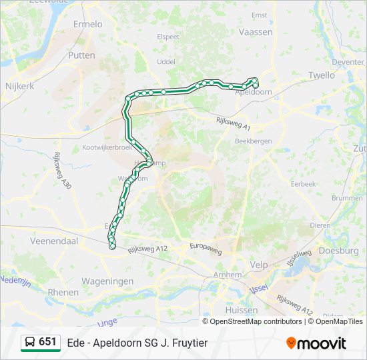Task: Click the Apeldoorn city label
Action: click(x=253, y=92)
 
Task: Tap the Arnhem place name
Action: click(x=229, y=275)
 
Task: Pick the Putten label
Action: click(x=81, y=55)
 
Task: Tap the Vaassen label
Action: click(x=256, y=31)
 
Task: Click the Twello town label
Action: click(x=322, y=75)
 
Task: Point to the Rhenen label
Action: click(x=63, y=292)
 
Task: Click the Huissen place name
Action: click(x=242, y=310)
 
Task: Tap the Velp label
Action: click(x=258, y=264)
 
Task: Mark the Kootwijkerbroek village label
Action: click(x=107, y=147)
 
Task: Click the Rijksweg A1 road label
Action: click(x=233, y=123)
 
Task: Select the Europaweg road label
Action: click(x=206, y=247)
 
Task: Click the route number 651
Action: click(x=48, y=341)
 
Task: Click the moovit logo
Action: click(x=316, y=343)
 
